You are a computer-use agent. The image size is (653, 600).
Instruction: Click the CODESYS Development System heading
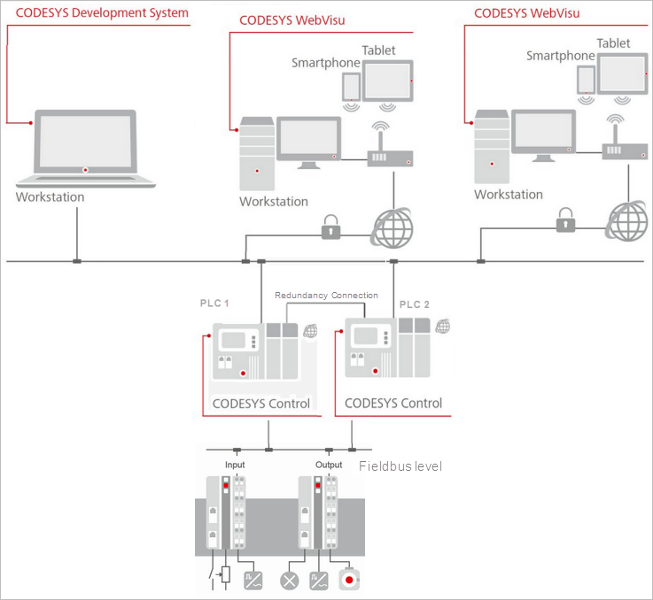pyautogui.click(x=103, y=12)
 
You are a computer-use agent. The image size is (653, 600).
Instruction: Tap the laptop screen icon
pyautogui.click(x=84, y=142)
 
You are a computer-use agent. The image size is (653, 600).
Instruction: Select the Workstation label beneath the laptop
pyautogui.click(x=50, y=196)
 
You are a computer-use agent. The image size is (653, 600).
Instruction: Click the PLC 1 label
pyautogui.click(x=214, y=304)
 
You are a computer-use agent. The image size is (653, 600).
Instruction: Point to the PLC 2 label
pyautogui.click(x=414, y=304)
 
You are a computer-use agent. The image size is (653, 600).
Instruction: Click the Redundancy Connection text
pyautogui.click(x=326, y=295)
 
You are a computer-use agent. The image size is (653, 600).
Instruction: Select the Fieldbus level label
pyautogui.click(x=400, y=466)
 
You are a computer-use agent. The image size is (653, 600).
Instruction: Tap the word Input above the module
pyautogui.click(x=235, y=465)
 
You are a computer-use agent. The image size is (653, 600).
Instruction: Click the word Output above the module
pyautogui.click(x=329, y=465)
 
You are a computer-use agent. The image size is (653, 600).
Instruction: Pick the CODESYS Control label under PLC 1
pyautogui.click(x=261, y=404)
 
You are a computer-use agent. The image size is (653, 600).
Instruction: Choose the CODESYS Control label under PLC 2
pyautogui.click(x=393, y=403)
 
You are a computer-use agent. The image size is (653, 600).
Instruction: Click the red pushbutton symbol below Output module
pyautogui.click(x=350, y=581)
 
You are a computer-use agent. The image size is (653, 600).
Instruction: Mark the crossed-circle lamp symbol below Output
pyautogui.click(x=289, y=581)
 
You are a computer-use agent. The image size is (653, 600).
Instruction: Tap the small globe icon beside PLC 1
pyautogui.click(x=310, y=331)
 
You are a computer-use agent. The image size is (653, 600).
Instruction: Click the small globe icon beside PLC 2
pyautogui.click(x=443, y=326)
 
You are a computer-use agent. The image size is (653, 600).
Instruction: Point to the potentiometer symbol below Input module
pyautogui.click(x=226, y=574)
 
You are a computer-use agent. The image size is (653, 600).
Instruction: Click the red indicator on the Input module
pyautogui.click(x=226, y=485)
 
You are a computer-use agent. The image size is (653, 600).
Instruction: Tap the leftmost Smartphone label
pyautogui.click(x=326, y=63)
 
